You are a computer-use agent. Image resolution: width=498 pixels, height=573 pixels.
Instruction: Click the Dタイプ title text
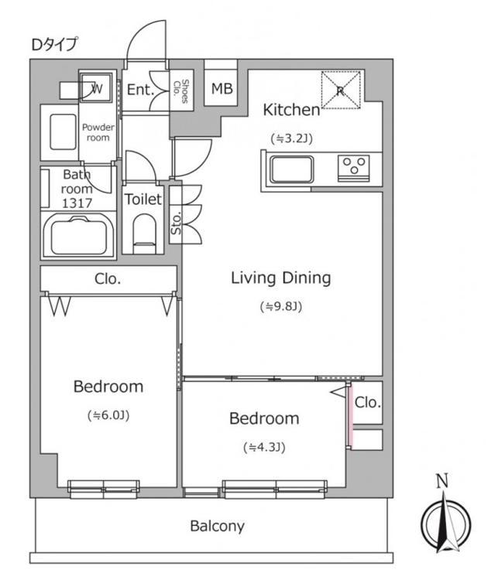click(54, 45)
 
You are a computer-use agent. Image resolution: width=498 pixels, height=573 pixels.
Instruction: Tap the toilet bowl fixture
click(143, 233)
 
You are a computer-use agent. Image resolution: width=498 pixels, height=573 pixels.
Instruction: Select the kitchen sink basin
click(292, 169)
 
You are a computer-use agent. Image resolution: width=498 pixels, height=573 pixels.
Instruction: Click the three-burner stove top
click(353, 168)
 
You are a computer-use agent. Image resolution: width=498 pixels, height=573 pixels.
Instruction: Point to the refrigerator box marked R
click(341, 90)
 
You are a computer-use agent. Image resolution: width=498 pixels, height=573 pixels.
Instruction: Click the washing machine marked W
click(96, 88)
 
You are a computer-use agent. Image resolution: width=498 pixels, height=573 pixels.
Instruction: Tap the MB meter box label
click(222, 88)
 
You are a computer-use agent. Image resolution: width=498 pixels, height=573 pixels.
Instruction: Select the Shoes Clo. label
click(180, 91)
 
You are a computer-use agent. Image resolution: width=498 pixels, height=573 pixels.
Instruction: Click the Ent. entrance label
click(140, 90)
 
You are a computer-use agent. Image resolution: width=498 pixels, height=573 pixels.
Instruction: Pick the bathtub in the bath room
click(78, 235)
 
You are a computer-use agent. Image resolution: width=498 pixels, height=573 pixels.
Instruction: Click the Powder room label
click(98, 132)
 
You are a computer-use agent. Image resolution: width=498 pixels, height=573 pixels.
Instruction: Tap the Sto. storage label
click(176, 223)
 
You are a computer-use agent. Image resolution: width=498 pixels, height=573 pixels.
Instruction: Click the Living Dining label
click(281, 278)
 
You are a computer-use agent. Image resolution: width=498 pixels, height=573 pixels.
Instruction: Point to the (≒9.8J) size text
click(281, 306)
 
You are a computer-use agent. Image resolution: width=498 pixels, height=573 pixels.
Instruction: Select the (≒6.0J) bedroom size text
click(108, 415)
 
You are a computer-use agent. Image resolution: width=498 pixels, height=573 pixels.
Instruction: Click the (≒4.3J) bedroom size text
click(264, 447)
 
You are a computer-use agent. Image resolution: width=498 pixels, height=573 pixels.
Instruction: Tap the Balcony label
click(218, 527)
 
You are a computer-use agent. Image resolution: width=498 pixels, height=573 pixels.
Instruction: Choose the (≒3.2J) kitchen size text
click(292, 139)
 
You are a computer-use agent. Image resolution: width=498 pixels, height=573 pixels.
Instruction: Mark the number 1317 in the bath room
click(77, 203)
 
